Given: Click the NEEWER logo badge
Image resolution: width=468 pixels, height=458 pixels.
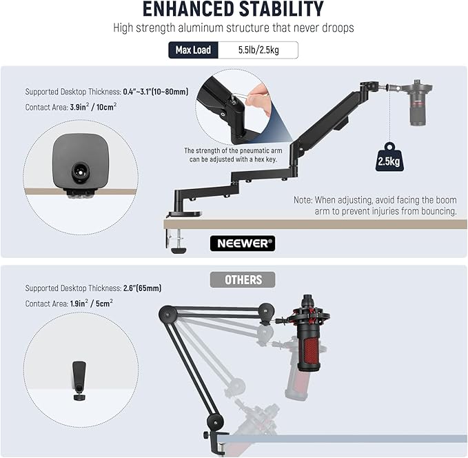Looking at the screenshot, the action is (243, 243).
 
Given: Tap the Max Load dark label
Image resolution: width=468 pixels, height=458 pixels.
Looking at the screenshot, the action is (193, 50).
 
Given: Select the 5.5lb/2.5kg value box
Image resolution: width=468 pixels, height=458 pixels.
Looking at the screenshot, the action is (258, 50).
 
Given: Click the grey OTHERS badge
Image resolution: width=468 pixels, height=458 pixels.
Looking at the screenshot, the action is (243, 279).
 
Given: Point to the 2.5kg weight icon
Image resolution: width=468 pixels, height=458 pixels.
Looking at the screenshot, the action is (389, 157).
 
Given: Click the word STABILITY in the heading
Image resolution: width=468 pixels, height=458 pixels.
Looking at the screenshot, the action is (281, 9).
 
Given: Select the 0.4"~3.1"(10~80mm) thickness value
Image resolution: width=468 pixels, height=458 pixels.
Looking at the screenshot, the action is (156, 92).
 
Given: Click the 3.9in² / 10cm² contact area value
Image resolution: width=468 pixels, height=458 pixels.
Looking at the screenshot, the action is (93, 107).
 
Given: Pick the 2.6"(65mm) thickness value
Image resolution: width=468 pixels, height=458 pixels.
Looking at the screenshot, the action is (143, 288).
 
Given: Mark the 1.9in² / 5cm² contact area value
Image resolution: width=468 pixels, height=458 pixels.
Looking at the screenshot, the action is (92, 303).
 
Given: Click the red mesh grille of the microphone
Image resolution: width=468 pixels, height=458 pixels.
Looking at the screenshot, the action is (311, 351).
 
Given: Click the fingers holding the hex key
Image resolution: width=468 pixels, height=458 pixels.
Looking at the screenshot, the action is (258, 99).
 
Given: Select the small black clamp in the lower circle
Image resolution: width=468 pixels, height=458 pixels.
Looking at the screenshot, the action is (79, 381).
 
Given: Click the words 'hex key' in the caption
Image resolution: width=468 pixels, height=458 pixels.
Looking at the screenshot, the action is (265, 159).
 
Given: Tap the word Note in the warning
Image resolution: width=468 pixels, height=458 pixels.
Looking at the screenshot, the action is (303, 199).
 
